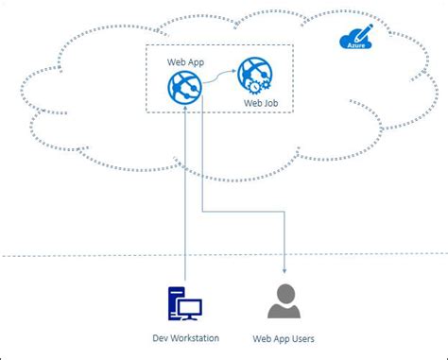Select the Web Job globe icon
click(252, 74)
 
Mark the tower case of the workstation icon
click(175, 302)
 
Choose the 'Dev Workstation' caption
click(184, 338)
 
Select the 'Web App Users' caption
click(284, 338)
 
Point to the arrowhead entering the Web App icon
click(185, 108)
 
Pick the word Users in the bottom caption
click(302, 338)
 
